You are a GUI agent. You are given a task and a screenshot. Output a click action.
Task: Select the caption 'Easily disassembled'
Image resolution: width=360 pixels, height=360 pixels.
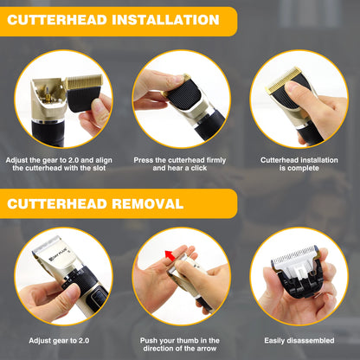pos(299,344)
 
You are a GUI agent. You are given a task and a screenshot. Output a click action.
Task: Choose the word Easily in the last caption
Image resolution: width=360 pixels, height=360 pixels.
pos(278,344)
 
